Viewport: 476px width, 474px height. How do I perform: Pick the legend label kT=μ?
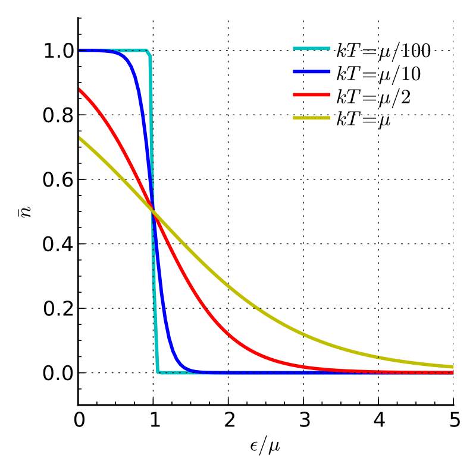pyautogui.click(x=365, y=118)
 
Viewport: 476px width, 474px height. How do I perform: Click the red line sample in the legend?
pyautogui.click(x=311, y=95)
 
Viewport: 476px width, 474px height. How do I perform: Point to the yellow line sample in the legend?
pyautogui.click(x=311, y=118)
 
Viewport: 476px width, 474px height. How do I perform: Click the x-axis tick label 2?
pyautogui.click(x=228, y=421)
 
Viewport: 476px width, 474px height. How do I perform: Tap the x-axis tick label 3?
pyautogui.click(x=303, y=421)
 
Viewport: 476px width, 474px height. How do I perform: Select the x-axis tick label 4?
pyautogui.click(x=378, y=421)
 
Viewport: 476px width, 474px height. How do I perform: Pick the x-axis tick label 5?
pyautogui.click(x=453, y=421)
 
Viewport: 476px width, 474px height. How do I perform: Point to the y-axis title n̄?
pyautogui.click(x=23, y=211)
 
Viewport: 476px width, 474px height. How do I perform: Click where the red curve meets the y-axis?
pyautogui.click(x=79, y=89)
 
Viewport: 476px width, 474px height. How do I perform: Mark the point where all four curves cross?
pyautogui.click(x=154, y=211)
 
